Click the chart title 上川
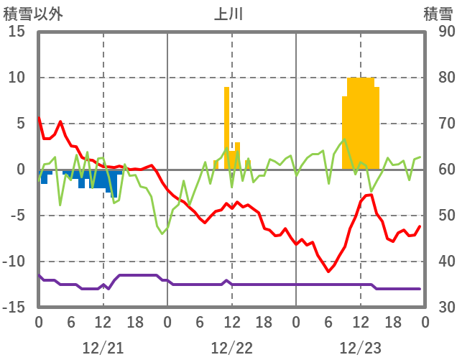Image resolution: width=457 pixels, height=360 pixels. (x=229, y=14)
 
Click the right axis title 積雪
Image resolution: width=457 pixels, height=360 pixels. (x=437, y=14)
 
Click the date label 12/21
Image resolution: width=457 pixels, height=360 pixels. (x=103, y=348)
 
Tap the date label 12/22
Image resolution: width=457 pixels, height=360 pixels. (x=231, y=348)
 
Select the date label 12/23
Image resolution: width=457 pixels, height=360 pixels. (x=360, y=348)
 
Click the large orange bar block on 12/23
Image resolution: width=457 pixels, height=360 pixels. (x=361, y=122)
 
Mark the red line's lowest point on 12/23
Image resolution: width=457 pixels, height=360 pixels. (x=328, y=272)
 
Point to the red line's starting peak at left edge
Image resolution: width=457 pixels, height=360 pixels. (x=39, y=118)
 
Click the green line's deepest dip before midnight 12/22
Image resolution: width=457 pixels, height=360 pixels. (x=162, y=234)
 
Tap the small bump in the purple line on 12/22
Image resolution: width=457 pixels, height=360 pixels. (x=226, y=280)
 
